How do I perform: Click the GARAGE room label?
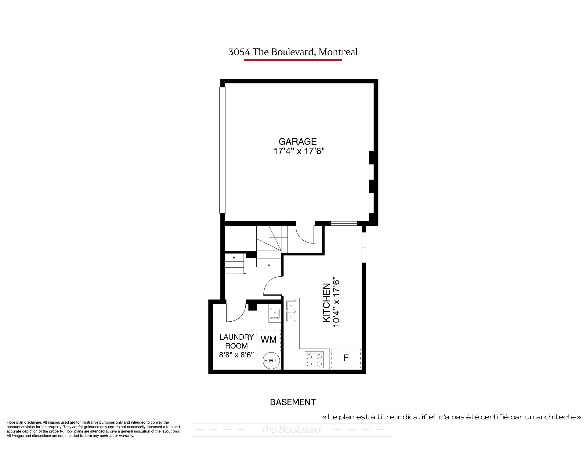pyautogui.click(x=298, y=141)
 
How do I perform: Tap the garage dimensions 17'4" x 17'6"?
pyautogui.click(x=298, y=151)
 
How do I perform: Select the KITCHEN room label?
pyautogui.click(x=326, y=303)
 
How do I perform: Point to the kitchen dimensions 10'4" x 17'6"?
pyautogui.click(x=336, y=302)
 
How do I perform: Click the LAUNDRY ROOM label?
pyautogui.click(x=237, y=342)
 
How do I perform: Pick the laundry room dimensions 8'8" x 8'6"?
pyautogui.click(x=237, y=355)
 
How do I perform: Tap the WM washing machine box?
pyautogui.click(x=269, y=340)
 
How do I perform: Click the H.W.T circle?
pyautogui.click(x=271, y=361)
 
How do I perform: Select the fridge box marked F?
pyautogui.click(x=346, y=358)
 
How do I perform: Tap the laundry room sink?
pyautogui.click(x=275, y=313)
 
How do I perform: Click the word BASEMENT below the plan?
pyautogui.click(x=293, y=402)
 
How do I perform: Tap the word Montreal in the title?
pyautogui.click(x=338, y=52)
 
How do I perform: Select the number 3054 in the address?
pyautogui.click(x=239, y=52)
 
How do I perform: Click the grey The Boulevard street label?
pyautogui.click(x=291, y=429)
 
